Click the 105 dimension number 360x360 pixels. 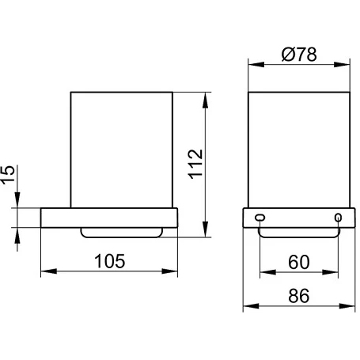[x=110, y=261]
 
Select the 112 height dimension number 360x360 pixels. [x=196, y=165]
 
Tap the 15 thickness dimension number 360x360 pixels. [x=7, y=174]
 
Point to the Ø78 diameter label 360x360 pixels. [x=299, y=55]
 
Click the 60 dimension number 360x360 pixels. [x=299, y=262]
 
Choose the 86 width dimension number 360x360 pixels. [x=299, y=296]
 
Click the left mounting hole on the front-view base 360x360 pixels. [x=260, y=218]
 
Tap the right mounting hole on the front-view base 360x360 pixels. [x=338, y=218]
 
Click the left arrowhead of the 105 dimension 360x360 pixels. [x=49, y=271]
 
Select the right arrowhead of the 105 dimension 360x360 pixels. [x=169, y=271]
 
